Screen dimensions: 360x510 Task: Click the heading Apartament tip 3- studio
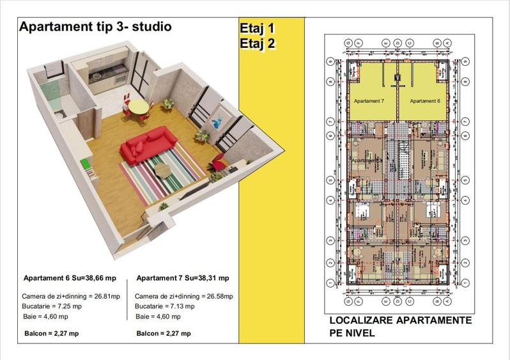pyautogui.click(x=95, y=27)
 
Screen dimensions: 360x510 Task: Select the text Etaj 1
pyautogui.click(x=257, y=29)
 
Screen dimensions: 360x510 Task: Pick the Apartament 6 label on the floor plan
pyautogui.click(x=425, y=101)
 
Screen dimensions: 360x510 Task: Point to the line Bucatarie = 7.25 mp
pyautogui.click(x=54, y=306)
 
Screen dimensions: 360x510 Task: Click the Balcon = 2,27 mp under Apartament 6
pyautogui.click(x=51, y=333)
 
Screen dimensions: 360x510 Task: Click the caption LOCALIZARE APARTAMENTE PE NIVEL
pyautogui.click(x=400, y=326)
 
